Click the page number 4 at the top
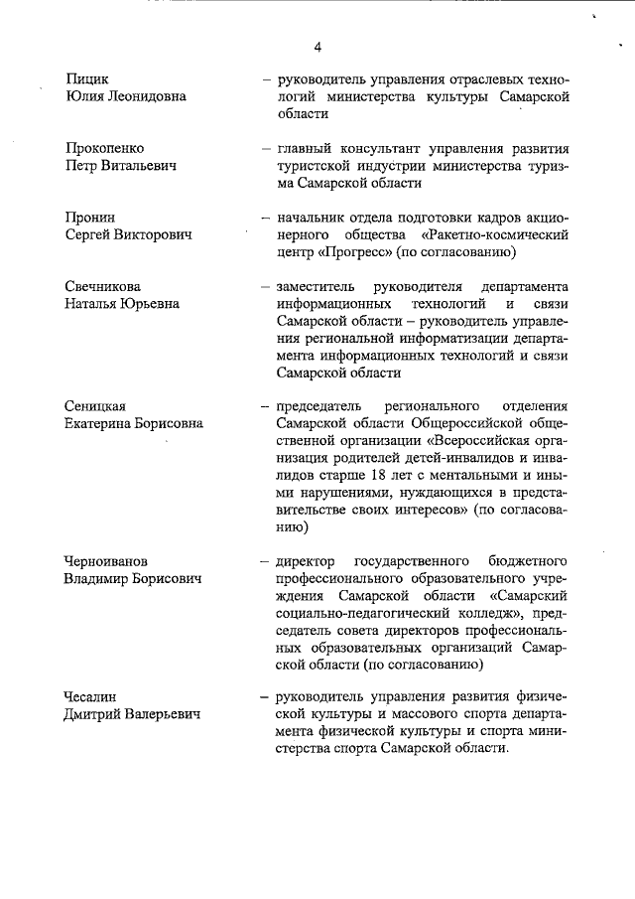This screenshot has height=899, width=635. [x=318, y=47]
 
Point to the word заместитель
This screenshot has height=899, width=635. [x=320, y=286]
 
